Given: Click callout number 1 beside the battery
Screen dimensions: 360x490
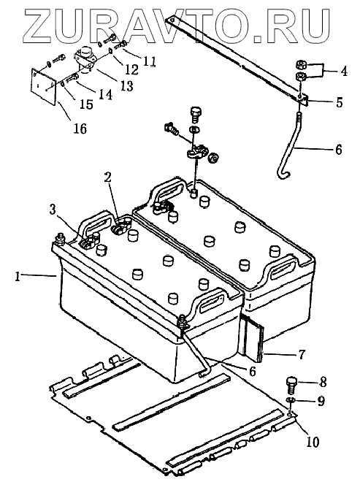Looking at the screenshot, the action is [18, 277].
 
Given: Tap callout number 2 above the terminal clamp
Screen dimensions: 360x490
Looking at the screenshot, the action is [108, 178].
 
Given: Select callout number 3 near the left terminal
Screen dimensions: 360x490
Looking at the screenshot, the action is [53, 210].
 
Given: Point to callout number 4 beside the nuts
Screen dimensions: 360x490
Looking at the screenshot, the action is [343, 72].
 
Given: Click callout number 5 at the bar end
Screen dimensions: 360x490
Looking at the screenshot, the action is [339, 102].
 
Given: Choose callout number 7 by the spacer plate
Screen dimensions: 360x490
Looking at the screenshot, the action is [301, 355].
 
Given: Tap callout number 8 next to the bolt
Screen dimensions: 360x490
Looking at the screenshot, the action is [323, 382].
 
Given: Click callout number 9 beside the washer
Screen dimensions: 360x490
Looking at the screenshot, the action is [321, 401].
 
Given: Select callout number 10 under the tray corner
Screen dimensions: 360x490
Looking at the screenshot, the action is [313, 442].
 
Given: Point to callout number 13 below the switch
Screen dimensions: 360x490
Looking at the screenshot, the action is [126, 85].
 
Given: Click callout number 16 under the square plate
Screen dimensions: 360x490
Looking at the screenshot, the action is [80, 128].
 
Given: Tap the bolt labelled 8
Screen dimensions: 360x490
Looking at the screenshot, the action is [292, 386].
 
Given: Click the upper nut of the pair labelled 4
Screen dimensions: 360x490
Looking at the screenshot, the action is [302, 65].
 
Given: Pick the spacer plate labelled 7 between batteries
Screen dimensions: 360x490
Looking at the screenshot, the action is [253, 337].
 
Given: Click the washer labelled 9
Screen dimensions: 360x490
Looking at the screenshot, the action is [291, 400].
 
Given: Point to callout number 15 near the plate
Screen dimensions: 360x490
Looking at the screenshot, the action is [86, 104].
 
